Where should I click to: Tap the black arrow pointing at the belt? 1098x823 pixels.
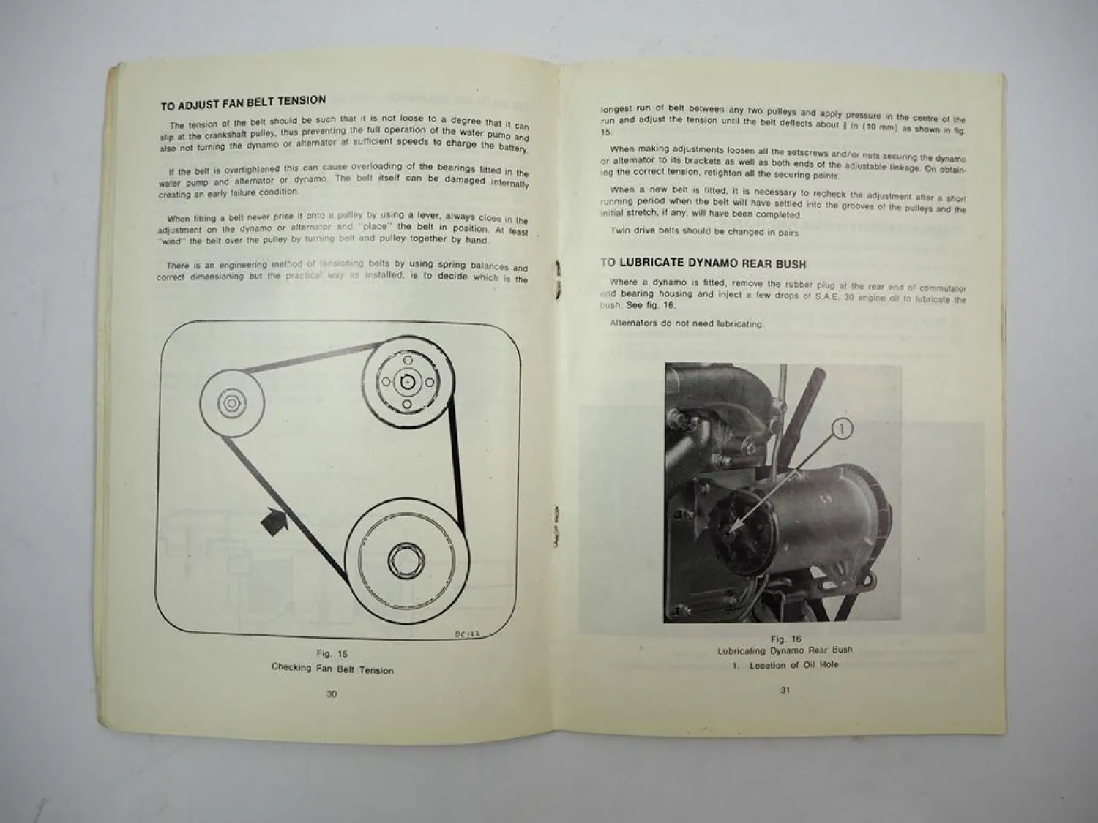pos(274,522)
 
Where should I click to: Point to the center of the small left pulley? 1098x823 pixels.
pos(231,403)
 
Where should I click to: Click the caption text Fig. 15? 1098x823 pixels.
pos(332,653)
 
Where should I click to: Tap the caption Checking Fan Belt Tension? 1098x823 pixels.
pos(332,669)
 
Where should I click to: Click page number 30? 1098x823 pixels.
pos(331,694)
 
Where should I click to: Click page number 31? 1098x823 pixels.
pos(785,690)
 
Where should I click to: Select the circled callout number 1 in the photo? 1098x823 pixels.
pos(843,429)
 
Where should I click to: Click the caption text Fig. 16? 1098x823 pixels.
pos(785,639)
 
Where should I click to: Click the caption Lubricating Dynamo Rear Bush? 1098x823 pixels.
pos(785,650)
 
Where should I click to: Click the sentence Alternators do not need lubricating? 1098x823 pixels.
pos(686,323)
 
